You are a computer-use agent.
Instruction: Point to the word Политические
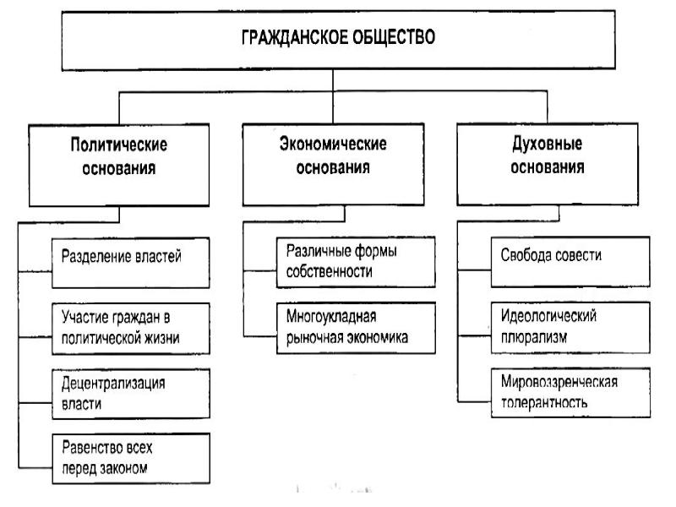[x=119, y=144]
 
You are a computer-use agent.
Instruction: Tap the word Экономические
[x=333, y=144]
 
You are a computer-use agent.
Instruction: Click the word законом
[x=128, y=467]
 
